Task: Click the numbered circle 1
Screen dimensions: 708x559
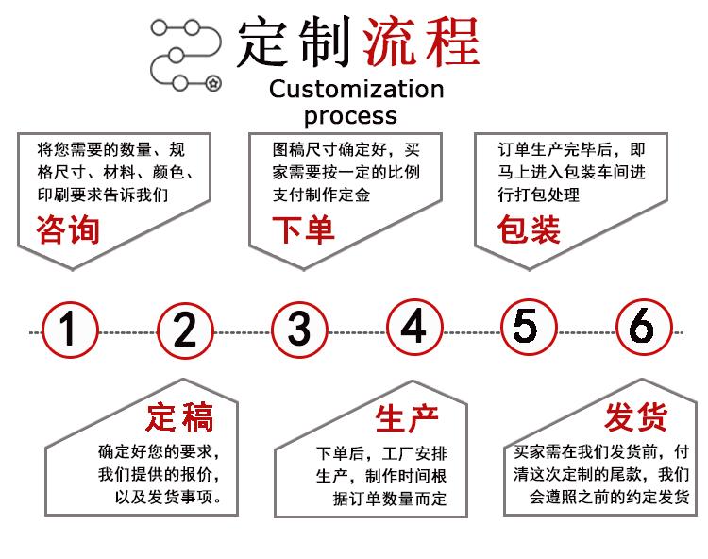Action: pyautogui.click(x=70, y=330)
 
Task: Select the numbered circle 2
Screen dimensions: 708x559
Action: pyautogui.click(x=185, y=331)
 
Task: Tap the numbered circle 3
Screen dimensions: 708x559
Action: pyautogui.click(x=299, y=330)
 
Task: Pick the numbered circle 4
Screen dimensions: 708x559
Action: pyautogui.click(x=414, y=327)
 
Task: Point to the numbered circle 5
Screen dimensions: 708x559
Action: pyautogui.click(x=529, y=327)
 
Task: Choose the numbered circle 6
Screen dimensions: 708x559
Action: pyautogui.click(x=644, y=327)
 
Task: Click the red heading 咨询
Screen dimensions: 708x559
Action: pyautogui.click(x=68, y=229)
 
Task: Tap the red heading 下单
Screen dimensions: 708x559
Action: pyautogui.click(x=303, y=229)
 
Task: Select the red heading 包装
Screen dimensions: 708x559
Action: pyautogui.click(x=529, y=229)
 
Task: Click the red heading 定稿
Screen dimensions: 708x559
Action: pyautogui.click(x=179, y=417)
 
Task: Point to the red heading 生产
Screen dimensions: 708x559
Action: pyautogui.click(x=407, y=418)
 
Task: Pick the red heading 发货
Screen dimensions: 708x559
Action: pyautogui.click(x=636, y=416)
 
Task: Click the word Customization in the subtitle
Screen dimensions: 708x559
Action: pyautogui.click(x=357, y=89)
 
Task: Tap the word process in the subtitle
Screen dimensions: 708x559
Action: pyautogui.click(x=350, y=116)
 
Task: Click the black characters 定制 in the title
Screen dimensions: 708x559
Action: pyautogui.click(x=294, y=42)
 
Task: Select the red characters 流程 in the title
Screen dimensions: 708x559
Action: pyautogui.click(x=421, y=42)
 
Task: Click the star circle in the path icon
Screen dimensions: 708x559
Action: pyautogui.click(x=213, y=83)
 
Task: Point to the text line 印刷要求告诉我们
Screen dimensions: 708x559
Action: pyautogui.click(x=103, y=195)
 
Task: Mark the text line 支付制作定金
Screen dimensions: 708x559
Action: pyautogui.click(x=321, y=195)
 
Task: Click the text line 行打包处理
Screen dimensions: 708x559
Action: pyautogui.click(x=539, y=195)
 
